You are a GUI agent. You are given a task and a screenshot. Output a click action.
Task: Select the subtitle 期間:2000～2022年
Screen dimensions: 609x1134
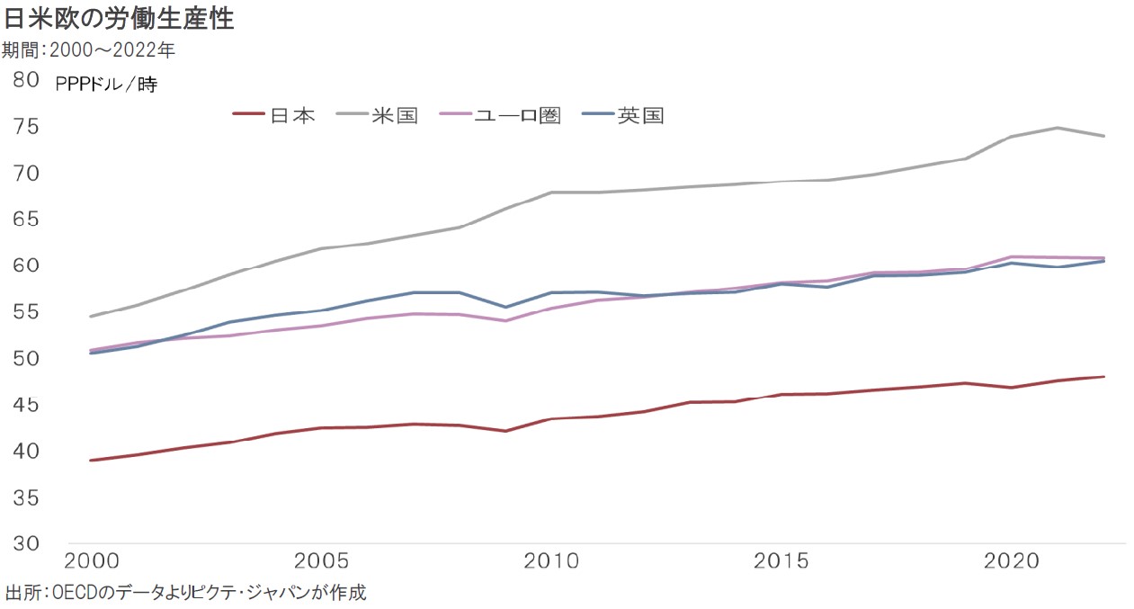88,50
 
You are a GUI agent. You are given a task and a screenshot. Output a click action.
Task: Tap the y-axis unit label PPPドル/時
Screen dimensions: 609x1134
106,85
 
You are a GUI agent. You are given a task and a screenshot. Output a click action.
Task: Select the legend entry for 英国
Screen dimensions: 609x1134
640,115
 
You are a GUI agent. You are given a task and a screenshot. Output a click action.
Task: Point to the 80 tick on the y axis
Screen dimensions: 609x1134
27,80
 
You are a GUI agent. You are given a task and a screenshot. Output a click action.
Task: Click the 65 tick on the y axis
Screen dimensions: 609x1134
27,219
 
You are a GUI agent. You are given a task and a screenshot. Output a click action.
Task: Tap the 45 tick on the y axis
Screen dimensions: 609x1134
27,405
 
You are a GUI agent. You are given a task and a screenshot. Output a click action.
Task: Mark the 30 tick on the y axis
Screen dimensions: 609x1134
27,543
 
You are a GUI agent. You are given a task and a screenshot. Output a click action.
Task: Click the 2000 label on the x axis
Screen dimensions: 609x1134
90,561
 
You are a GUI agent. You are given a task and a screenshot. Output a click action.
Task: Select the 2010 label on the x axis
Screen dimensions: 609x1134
550,561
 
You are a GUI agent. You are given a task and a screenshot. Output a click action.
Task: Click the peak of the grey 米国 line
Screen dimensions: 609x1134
1058,128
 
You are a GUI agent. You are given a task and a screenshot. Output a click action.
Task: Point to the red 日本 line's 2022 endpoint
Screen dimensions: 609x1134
1103,377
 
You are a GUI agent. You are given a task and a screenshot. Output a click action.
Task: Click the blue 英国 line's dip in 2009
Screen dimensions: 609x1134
505,307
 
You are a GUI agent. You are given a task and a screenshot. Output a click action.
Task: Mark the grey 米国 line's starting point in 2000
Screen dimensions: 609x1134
90,317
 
